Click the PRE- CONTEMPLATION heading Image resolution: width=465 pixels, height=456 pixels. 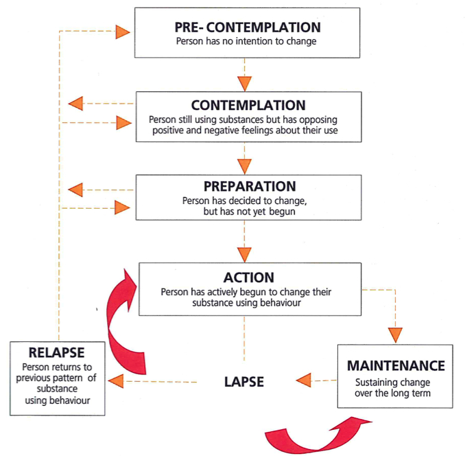coord(248,28)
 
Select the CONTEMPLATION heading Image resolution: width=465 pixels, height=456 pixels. coord(248,106)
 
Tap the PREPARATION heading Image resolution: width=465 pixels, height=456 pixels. coord(249,187)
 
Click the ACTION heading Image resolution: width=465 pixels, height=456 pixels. coord(249,277)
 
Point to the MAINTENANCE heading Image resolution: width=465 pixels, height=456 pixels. coord(396,365)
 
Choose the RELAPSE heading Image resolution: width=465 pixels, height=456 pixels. coord(58,353)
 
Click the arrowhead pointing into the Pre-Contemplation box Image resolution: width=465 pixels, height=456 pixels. coord(122,32)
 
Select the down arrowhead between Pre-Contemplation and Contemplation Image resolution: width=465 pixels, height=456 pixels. coord(245,82)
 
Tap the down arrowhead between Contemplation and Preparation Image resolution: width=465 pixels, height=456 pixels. coord(245,165)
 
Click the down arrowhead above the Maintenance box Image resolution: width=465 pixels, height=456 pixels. coord(396,334)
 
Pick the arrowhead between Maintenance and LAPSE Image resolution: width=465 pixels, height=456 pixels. coord(302,379)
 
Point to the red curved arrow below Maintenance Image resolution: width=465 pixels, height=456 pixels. coord(309,433)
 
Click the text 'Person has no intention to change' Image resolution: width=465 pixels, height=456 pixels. coord(248,43)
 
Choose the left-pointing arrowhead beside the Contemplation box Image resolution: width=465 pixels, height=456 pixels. coord(76,104)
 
